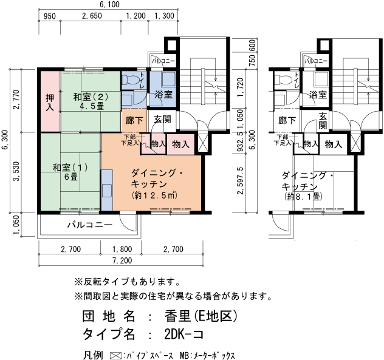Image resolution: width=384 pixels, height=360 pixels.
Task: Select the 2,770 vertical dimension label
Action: point(16,99)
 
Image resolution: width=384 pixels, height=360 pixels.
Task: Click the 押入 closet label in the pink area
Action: point(50,102)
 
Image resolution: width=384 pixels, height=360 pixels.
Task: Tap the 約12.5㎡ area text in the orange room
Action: point(154,196)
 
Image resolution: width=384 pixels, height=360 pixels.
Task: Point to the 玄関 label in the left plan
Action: point(162,120)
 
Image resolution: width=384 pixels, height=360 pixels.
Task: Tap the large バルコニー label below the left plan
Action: point(89,225)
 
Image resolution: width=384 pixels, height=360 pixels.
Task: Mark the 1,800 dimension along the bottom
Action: point(122,250)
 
